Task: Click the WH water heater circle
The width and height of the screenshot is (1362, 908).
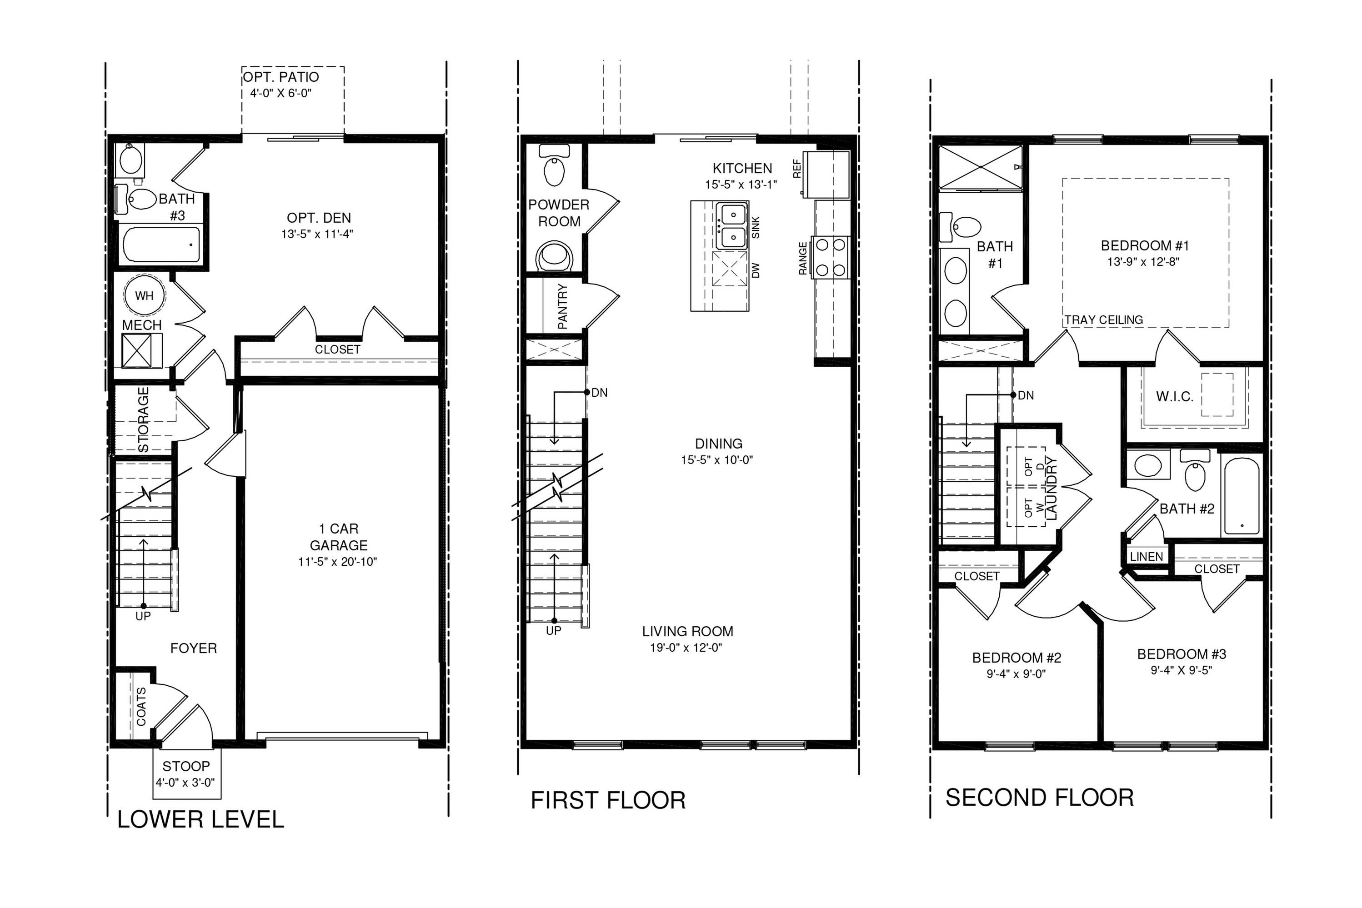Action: (x=144, y=295)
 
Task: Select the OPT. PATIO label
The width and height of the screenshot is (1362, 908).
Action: (x=281, y=77)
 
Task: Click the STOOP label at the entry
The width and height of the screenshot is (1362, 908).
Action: (x=186, y=766)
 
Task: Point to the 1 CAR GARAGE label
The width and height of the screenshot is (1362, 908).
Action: (x=338, y=537)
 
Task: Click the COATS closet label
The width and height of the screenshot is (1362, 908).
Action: (x=141, y=707)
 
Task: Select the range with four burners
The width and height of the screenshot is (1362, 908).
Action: (x=831, y=257)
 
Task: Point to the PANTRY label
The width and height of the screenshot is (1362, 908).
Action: (x=562, y=306)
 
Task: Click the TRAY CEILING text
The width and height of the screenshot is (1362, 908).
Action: (x=1104, y=319)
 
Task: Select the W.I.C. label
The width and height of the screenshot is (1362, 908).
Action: (x=1175, y=397)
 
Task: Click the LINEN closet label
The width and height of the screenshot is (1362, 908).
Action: (x=1147, y=557)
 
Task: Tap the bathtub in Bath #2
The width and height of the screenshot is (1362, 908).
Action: (x=1240, y=496)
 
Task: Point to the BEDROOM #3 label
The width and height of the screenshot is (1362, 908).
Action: (x=1182, y=654)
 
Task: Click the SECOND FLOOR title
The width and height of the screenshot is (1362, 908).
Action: (x=1039, y=798)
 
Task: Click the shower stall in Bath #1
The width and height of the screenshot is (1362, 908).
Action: (x=980, y=167)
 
